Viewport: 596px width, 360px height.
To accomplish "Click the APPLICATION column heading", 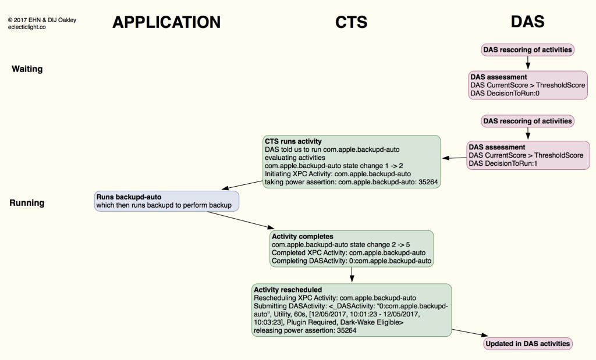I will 166,22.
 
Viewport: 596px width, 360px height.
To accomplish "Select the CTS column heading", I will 351,22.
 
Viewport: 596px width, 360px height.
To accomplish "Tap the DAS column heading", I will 527,22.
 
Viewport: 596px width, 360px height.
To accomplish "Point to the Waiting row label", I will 27,69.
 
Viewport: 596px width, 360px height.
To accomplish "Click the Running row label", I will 27,203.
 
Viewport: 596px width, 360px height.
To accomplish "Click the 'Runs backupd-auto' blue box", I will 166,201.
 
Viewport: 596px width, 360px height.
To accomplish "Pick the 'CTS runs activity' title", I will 293,141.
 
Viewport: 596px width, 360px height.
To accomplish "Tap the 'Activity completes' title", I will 303,237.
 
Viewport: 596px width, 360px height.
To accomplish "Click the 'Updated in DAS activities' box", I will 527,344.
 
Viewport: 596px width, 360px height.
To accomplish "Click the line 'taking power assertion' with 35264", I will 351,182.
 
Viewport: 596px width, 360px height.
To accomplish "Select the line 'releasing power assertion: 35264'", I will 304,330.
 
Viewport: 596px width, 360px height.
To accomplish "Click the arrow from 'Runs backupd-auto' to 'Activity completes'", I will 239,219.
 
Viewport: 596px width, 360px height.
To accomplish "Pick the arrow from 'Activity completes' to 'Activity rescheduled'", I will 352,275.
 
